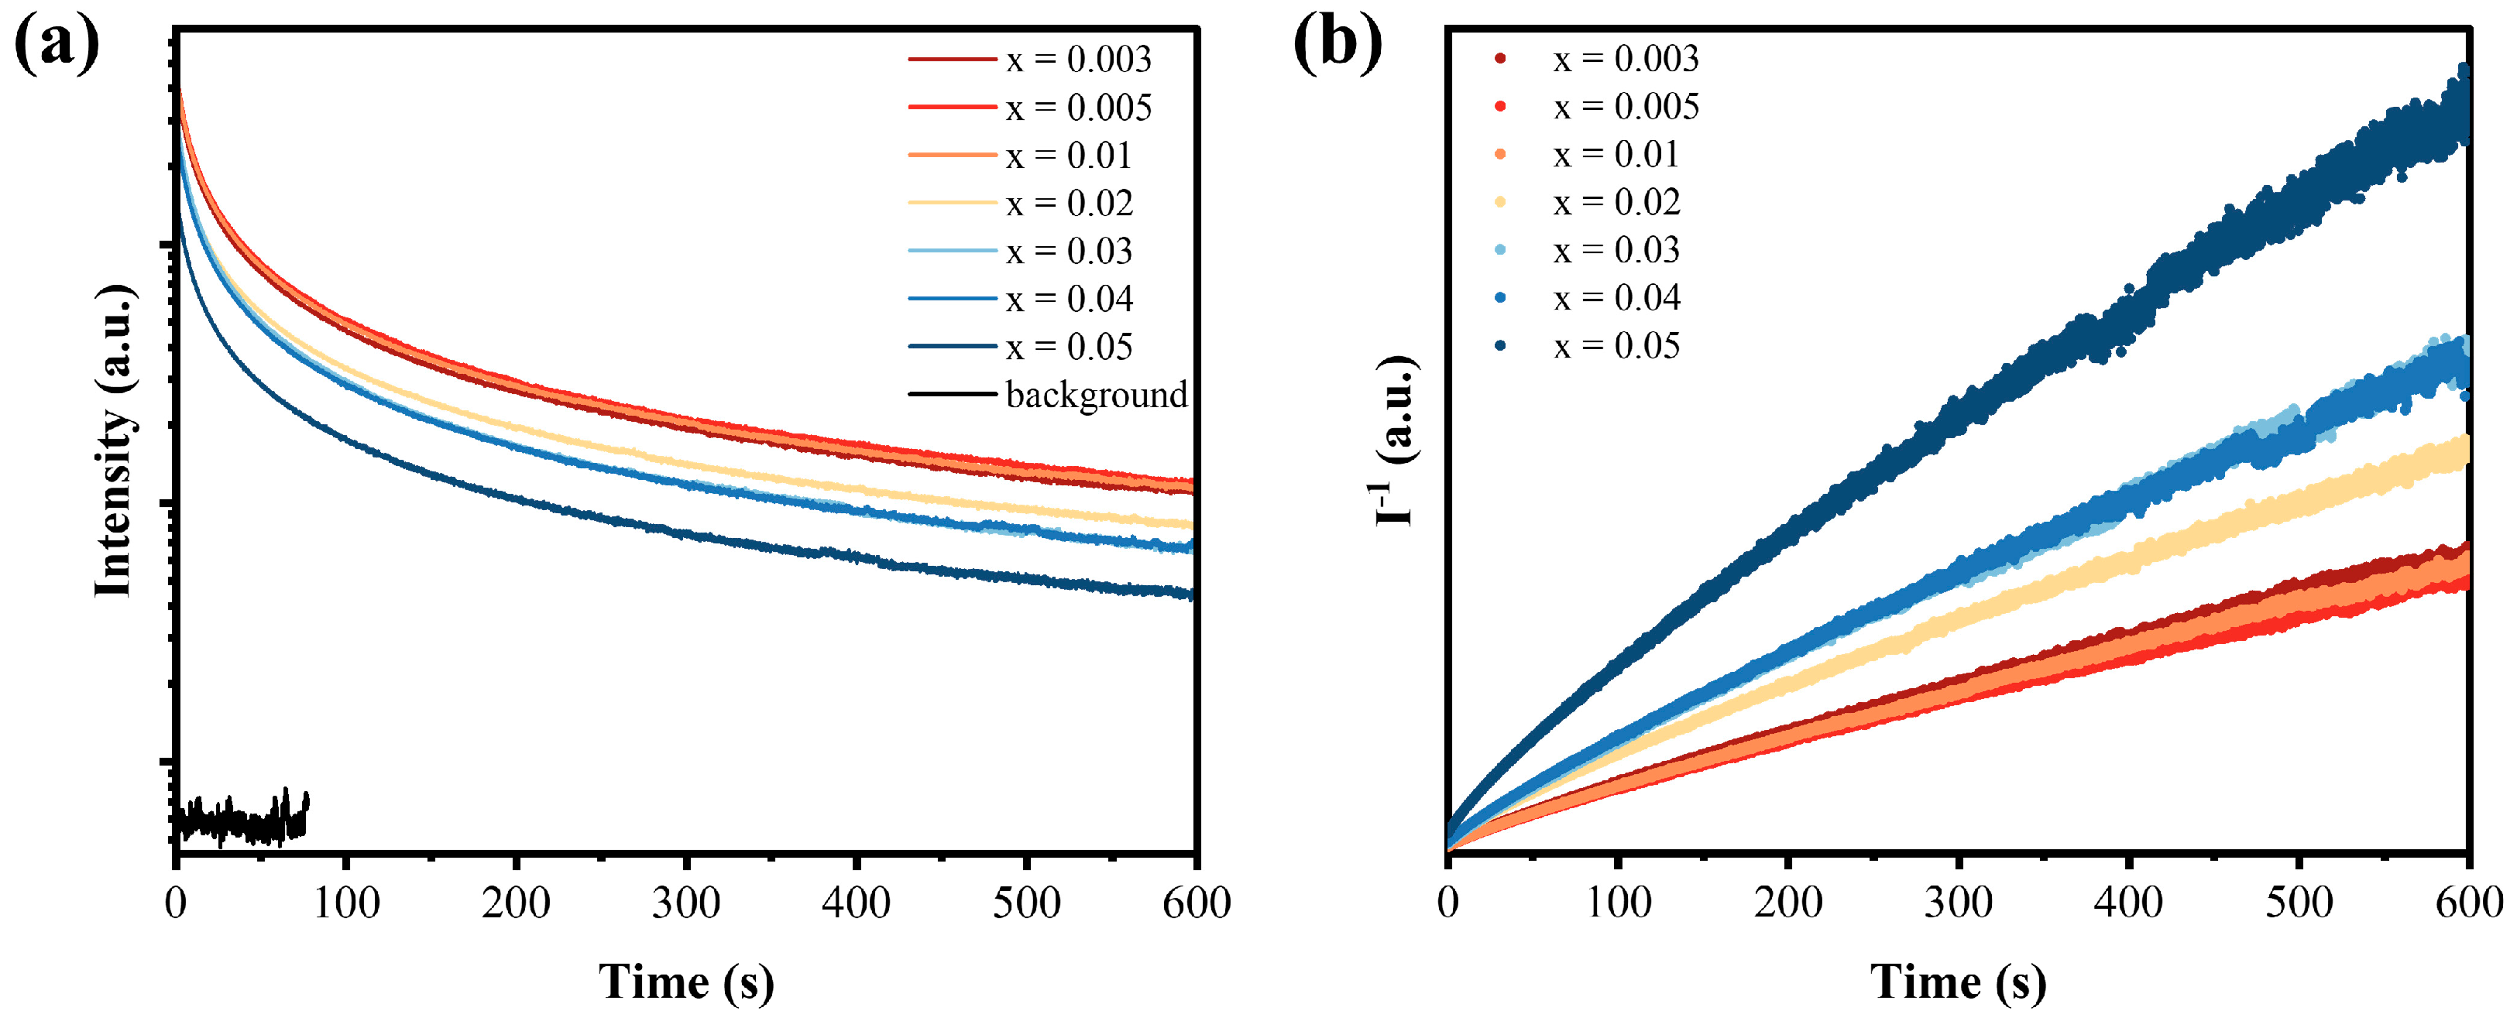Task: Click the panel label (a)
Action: click(57, 44)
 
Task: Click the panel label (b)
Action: click(1337, 44)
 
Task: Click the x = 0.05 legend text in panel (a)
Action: click(1070, 347)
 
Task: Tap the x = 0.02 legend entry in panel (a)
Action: click(1070, 204)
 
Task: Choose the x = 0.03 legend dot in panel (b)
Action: click(1500, 250)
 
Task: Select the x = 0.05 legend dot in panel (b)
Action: click(1500, 346)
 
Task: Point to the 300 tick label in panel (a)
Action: click(686, 903)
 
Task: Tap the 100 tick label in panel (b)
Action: click(1618, 903)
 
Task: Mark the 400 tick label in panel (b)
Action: click(2128, 903)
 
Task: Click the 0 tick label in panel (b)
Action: click(1448, 903)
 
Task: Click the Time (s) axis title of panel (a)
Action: click(686, 982)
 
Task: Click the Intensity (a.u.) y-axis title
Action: click(115, 440)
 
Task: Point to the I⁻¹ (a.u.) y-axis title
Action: click(1396, 440)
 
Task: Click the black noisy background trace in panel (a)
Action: click(239, 821)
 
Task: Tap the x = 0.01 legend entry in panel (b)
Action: click(1616, 154)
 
